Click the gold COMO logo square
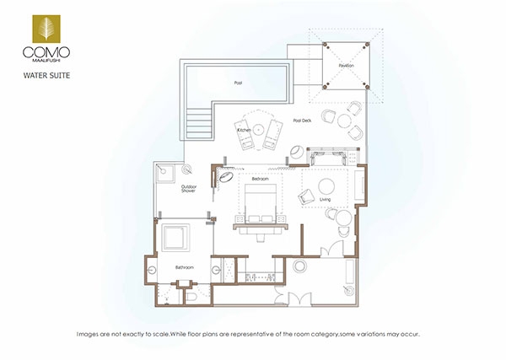click(46, 29)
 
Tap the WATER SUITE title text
click(46, 76)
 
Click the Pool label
click(238, 83)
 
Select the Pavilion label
click(347, 66)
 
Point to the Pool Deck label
click(303, 121)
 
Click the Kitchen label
click(245, 130)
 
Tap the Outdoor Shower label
click(189, 189)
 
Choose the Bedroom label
click(260, 179)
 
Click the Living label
click(325, 199)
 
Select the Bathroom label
click(185, 267)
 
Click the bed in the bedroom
click(261, 204)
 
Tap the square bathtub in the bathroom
click(175, 238)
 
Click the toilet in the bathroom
click(191, 297)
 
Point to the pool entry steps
click(199, 123)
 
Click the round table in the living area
click(326, 186)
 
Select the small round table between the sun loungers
click(258, 130)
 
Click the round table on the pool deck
click(344, 121)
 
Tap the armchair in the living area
click(306, 196)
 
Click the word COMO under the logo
click(46, 52)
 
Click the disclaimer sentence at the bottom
click(248, 334)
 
